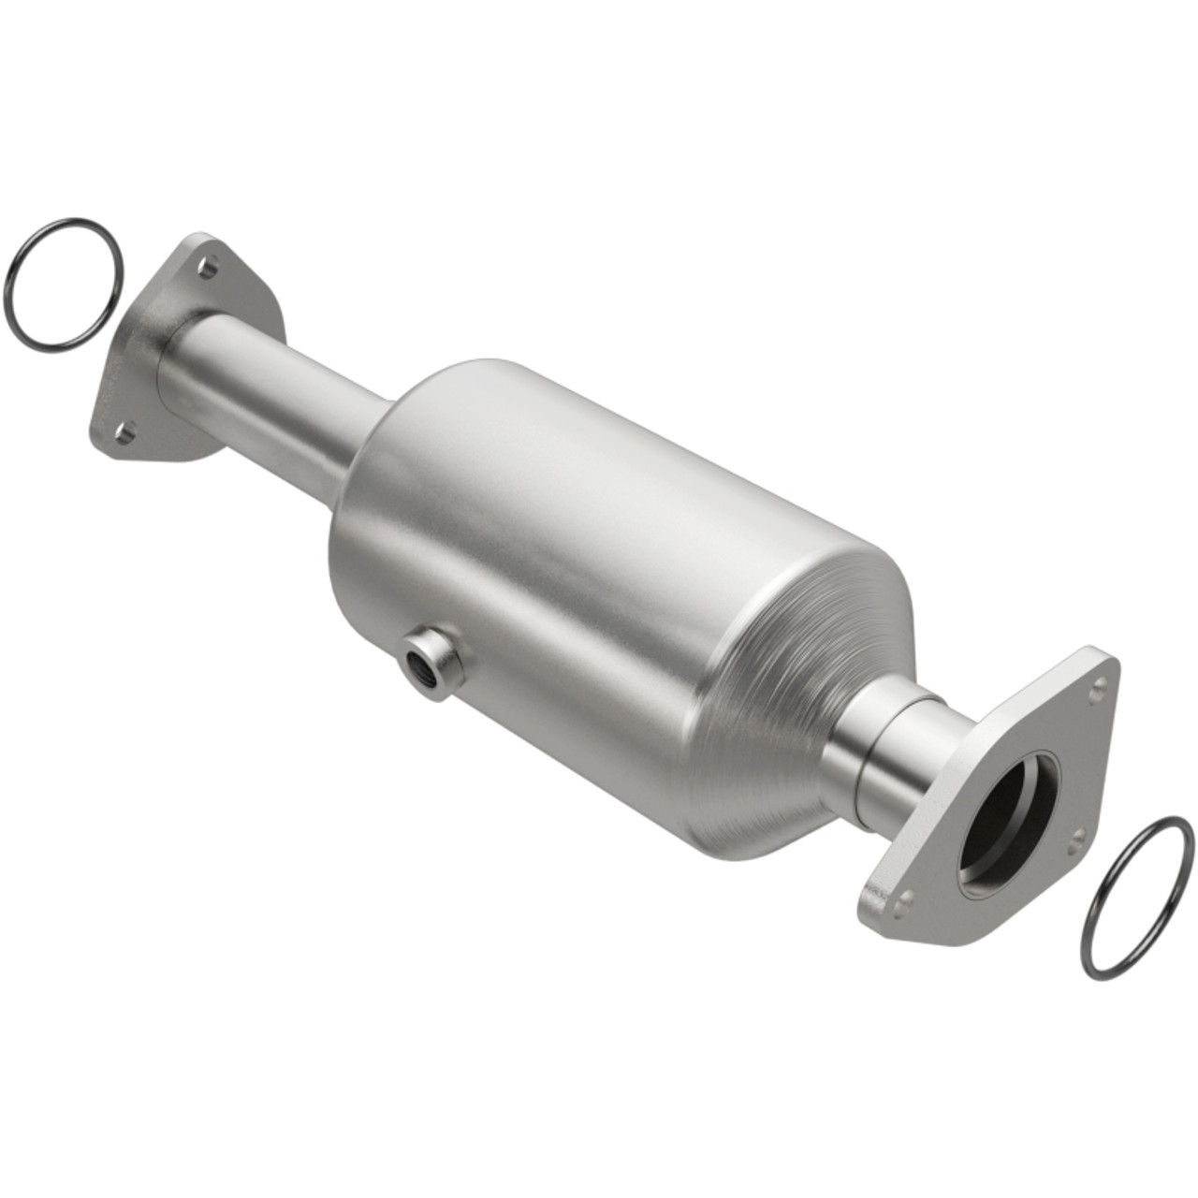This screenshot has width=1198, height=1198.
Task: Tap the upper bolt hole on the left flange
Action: point(210,268)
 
